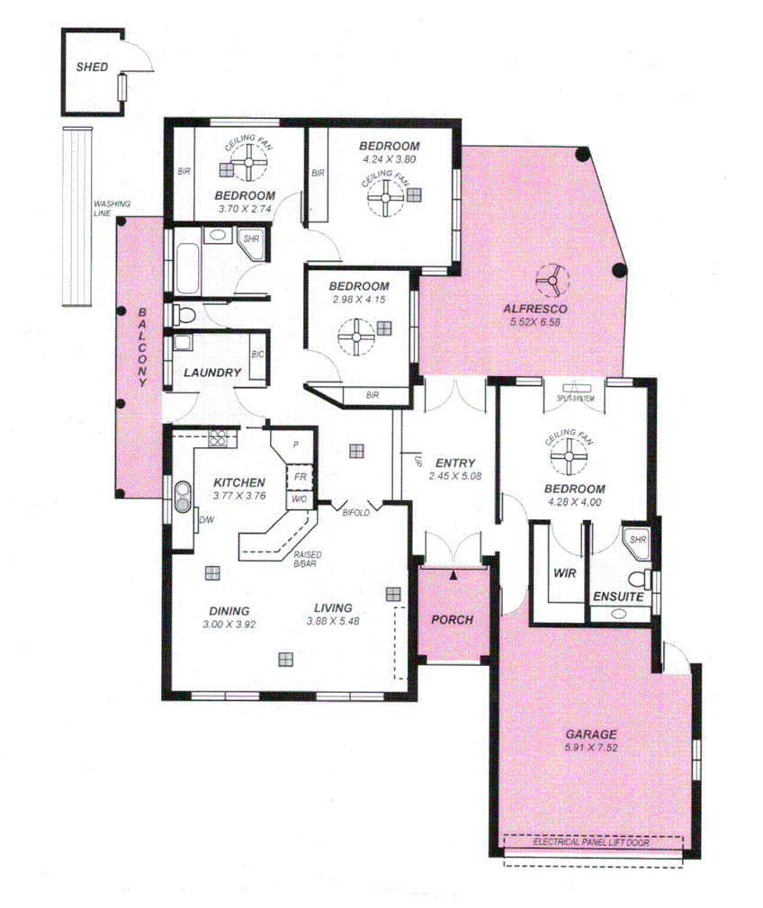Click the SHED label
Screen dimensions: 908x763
point(92,67)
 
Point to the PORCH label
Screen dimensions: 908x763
point(452,619)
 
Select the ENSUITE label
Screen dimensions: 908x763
point(617,597)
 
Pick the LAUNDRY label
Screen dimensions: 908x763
point(212,373)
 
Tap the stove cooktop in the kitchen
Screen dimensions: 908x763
point(218,438)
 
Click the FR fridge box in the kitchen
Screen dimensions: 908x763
point(298,477)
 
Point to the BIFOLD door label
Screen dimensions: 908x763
point(357,513)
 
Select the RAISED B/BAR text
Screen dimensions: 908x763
point(307,560)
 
